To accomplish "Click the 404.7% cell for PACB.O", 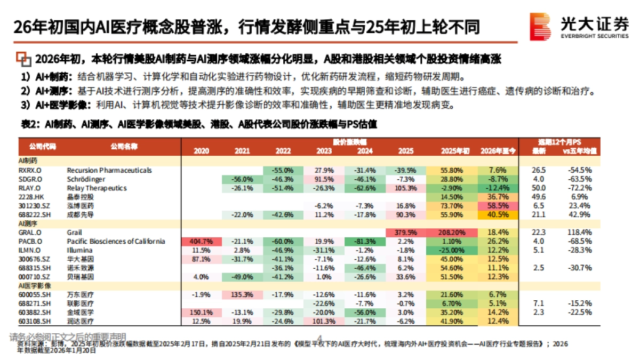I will coord(201,241).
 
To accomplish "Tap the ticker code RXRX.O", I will coord(30,170).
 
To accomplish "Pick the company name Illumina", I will coord(81,250).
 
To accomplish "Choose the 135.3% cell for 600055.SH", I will coord(242,294).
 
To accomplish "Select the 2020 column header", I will coord(201,151).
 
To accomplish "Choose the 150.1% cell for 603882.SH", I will coord(201,312).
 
